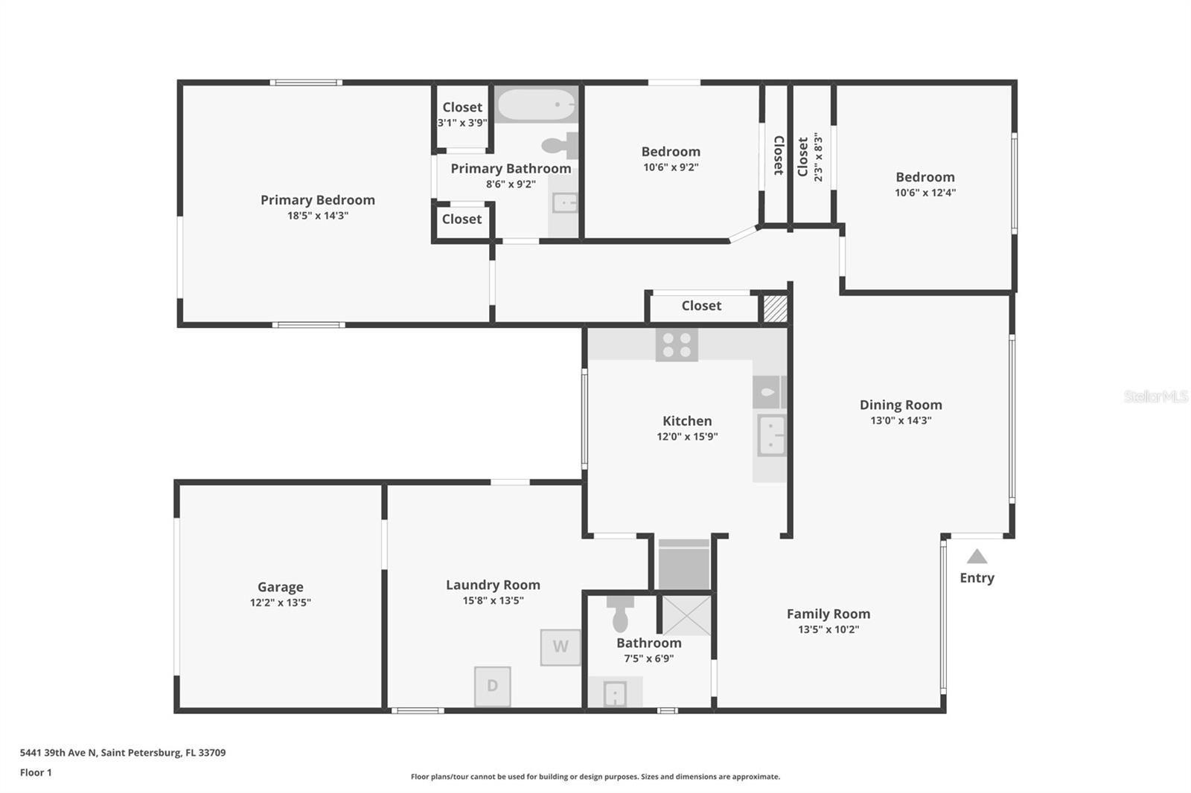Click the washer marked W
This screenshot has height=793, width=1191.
pos(560,646)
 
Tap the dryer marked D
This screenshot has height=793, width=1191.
pos(492,686)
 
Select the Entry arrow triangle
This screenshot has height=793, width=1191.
pos(977,556)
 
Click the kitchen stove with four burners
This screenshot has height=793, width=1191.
pos(676,345)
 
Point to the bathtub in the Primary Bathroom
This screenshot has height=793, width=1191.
pos(535,106)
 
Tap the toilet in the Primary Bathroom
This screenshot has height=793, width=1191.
pos(560,145)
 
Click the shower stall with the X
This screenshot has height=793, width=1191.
pos(686,615)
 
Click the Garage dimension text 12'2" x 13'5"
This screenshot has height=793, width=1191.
pos(280,603)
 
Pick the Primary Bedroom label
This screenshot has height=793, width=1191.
pos(317,199)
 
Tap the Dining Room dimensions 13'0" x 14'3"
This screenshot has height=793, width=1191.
pos(901,420)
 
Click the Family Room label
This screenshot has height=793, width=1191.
pos(828,614)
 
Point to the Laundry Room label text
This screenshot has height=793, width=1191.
pos(493,585)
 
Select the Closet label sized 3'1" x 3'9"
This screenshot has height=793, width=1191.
pos(462,107)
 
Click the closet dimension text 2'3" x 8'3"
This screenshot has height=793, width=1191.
pos(818,157)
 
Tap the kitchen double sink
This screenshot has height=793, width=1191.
pos(771,435)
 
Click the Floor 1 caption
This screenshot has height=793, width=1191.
pos(36,772)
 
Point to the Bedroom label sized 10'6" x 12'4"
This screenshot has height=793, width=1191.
pos(925,177)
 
